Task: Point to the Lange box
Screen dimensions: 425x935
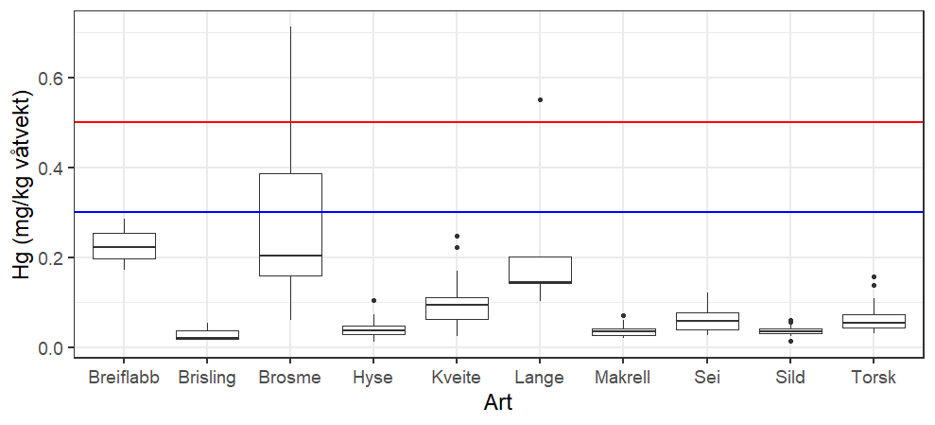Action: (540, 270)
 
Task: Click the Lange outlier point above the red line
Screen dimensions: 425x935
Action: (540, 99)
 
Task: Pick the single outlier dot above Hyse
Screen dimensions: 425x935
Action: (373, 301)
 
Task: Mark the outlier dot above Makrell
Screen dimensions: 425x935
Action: (623, 315)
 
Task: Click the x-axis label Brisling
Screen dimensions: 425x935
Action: (207, 378)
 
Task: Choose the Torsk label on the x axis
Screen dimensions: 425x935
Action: (873, 378)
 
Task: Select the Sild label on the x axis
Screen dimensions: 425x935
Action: (789, 378)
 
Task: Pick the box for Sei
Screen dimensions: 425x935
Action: (706, 321)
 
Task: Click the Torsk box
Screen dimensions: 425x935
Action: (873, 322)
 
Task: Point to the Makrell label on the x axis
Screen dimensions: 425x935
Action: (623, 378)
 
